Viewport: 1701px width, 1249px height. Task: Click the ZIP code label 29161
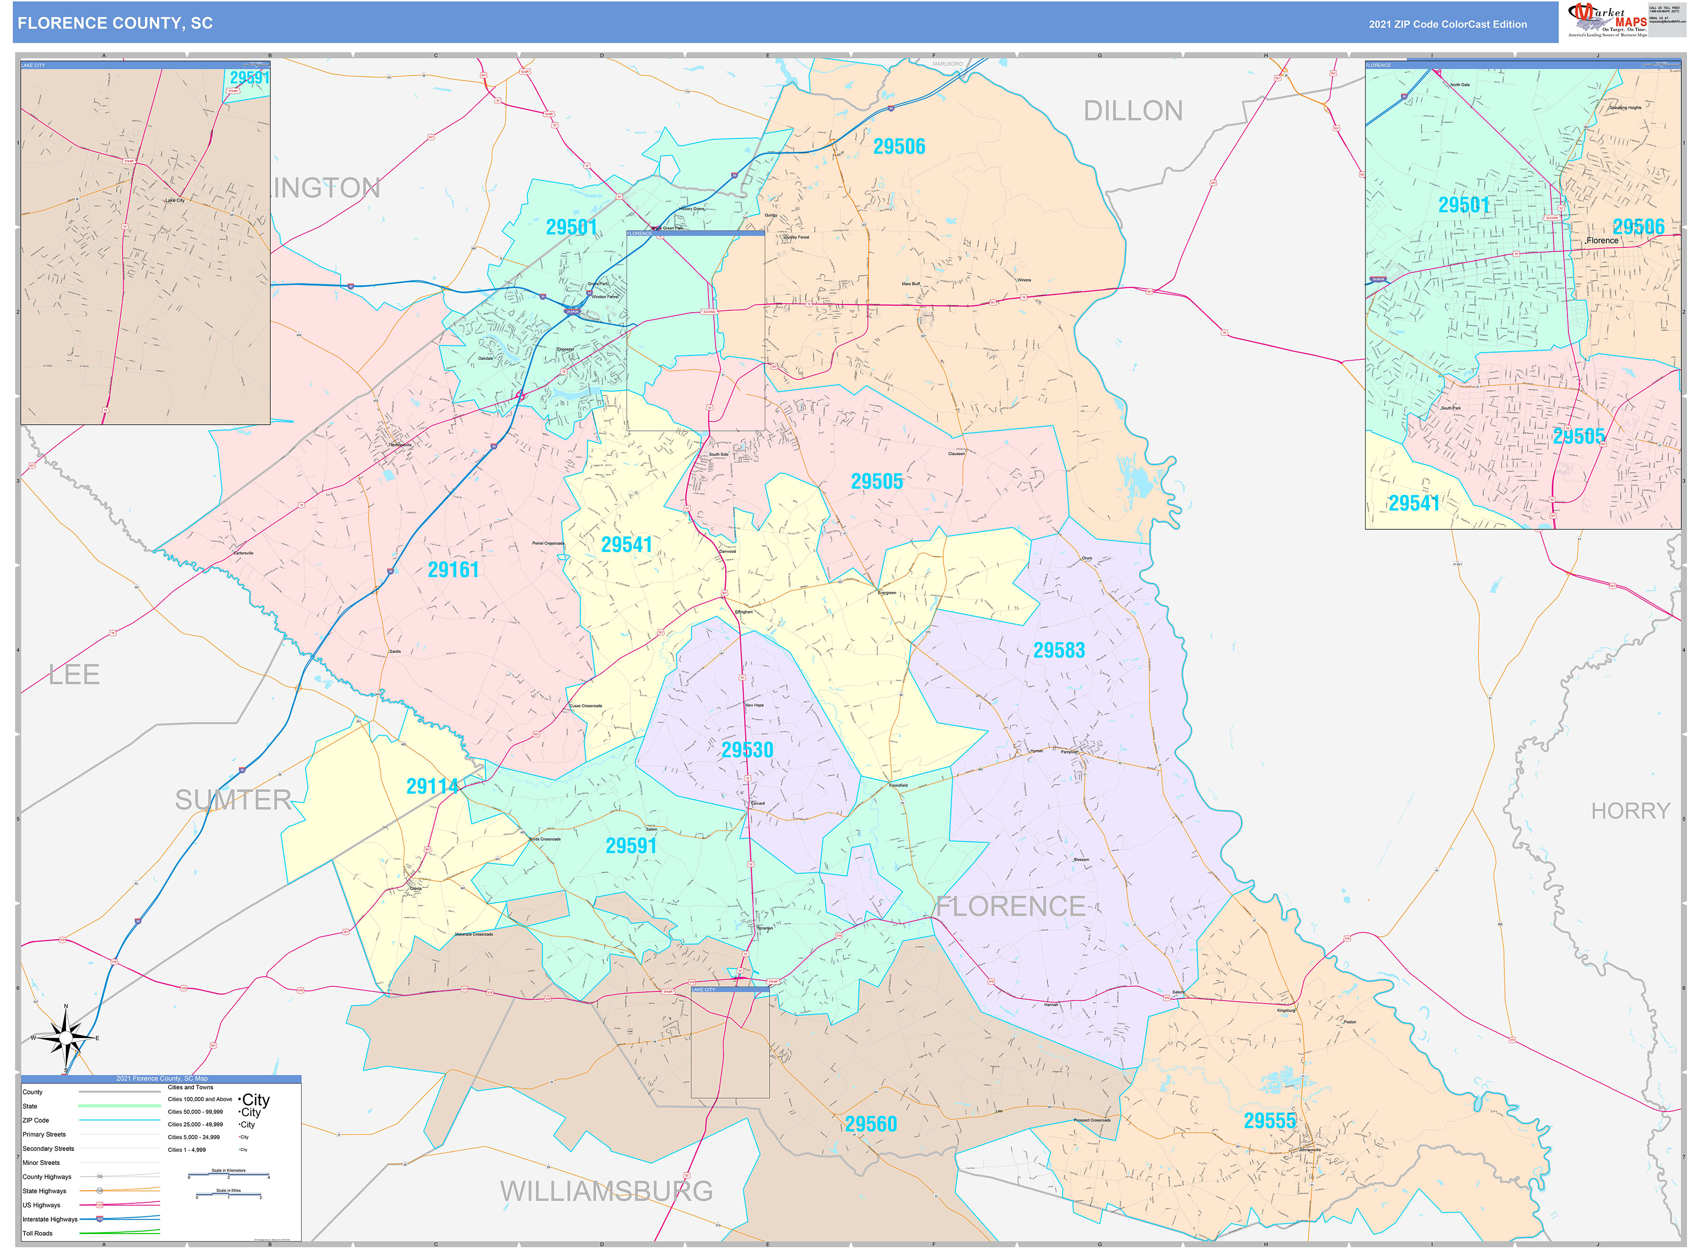(x=453, y=570)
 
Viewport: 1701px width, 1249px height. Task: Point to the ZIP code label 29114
(x=432, y=787)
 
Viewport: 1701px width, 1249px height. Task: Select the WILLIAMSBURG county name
(x=606, y=1191)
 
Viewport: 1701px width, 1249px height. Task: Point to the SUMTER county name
(x=233, y=800)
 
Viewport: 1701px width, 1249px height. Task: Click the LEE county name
(x=73, y=675)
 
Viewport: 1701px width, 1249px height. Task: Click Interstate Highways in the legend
(x=50, y=1219)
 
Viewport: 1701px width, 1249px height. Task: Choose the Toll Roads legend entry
(x=38, y=1233)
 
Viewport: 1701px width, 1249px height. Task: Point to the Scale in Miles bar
(x=228, y=1196)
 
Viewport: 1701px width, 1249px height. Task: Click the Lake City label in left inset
(x=175, y=200)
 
